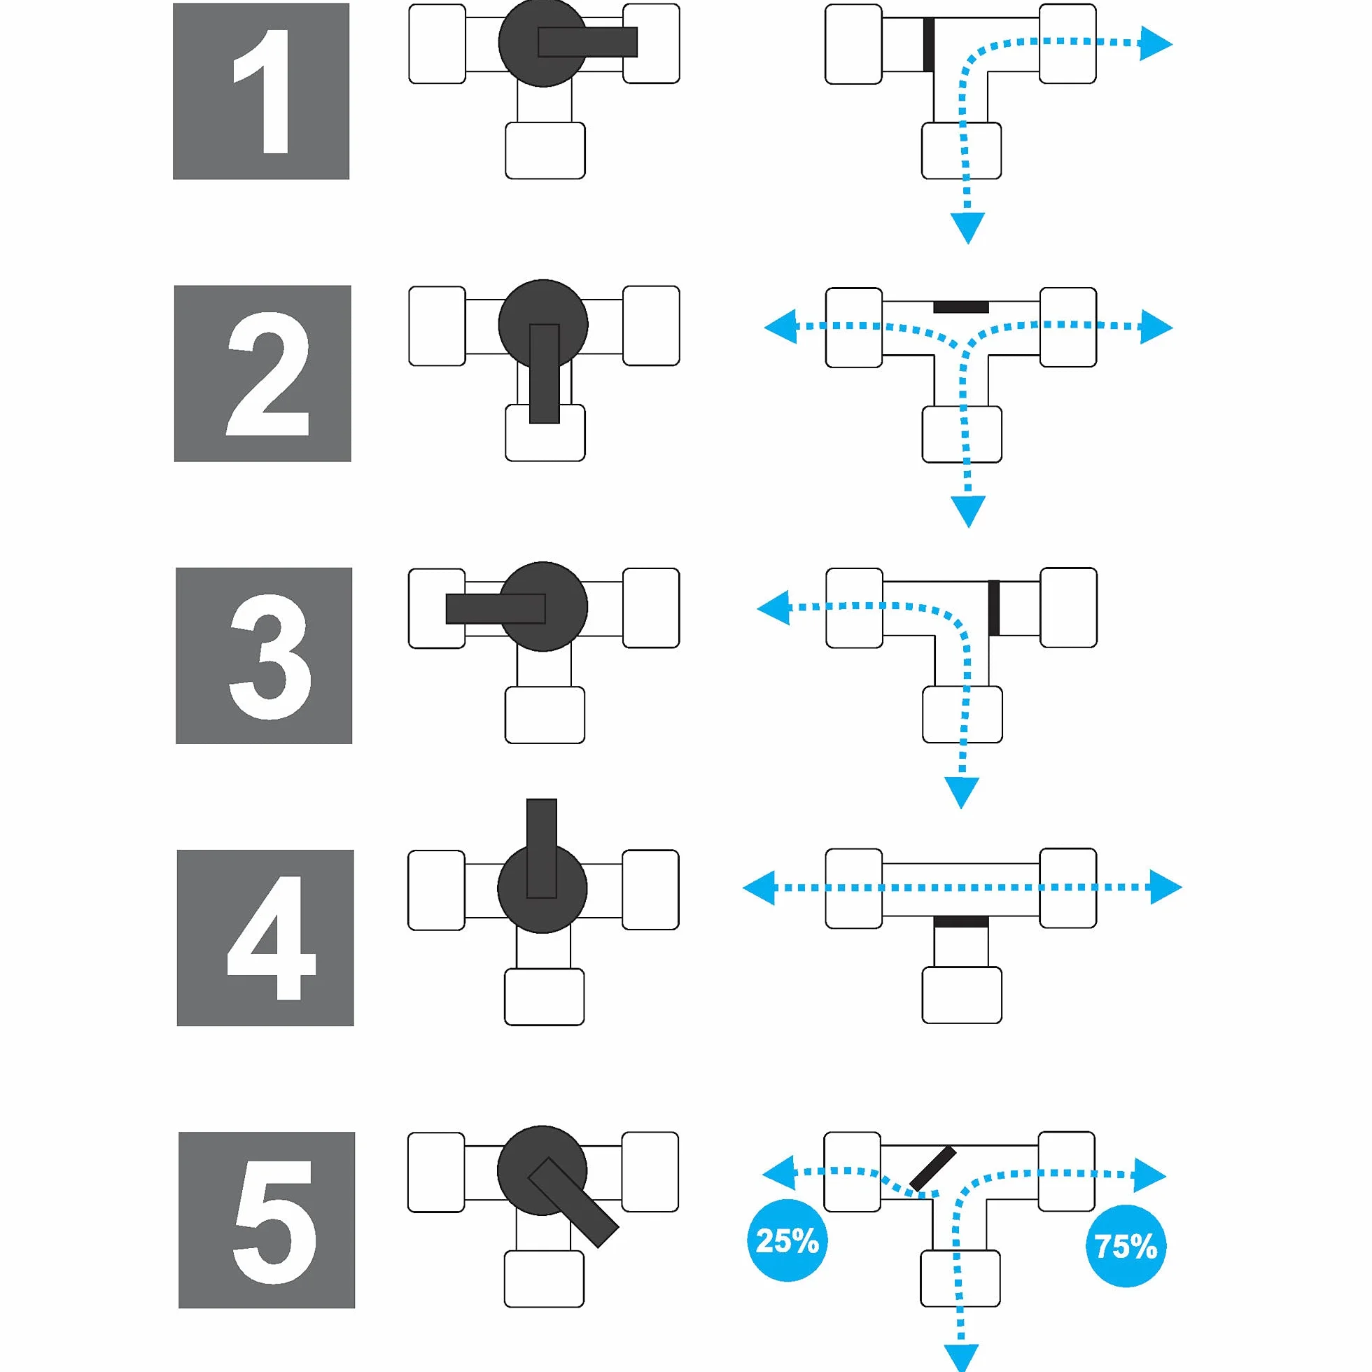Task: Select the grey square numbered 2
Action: (x=262, y=374)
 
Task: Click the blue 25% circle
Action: (x=787, y=1240)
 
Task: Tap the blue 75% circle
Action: (x=1126, y=1246)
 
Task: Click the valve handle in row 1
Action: (x=588, y=42)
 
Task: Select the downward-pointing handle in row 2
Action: (x=545, y=374)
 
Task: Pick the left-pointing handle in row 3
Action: (x=496, y=608)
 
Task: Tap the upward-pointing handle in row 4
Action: (x=542, y=848)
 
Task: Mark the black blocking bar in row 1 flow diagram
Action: (x=928, y=45)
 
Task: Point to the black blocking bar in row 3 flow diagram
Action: (x=994, y=608)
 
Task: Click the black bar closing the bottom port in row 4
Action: (x=961, y=921)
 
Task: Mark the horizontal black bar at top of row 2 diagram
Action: (x=961, y=307)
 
